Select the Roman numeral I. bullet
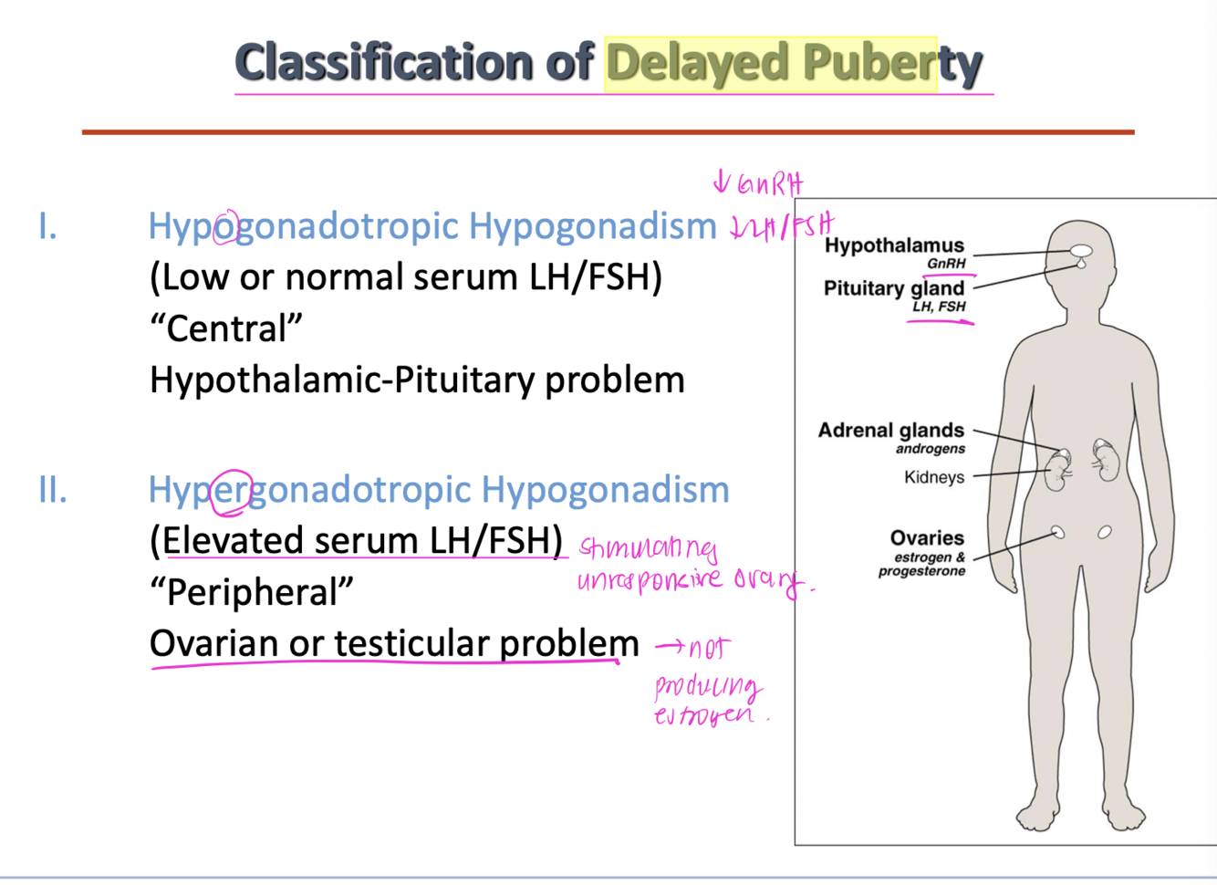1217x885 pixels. coord(48,226)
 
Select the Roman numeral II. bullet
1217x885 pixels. coord(53,490)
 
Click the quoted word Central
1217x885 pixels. coord(226,329)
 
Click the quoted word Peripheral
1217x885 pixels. coord(252,592)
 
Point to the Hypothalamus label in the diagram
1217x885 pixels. coord(893,245)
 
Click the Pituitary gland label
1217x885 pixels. coord(893,288)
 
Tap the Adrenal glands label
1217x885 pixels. coord(890,430)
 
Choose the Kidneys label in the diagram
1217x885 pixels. coord(933,477)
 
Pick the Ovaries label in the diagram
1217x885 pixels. coord(927,538)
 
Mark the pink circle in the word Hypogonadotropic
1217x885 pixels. coord(226,227)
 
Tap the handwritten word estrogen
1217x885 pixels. coord(705,715)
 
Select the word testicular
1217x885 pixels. coord(410,644)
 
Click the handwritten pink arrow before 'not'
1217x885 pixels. coord(670,647)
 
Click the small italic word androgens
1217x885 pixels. coord(930,449)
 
